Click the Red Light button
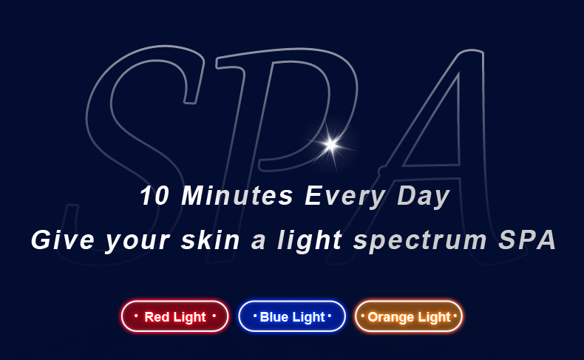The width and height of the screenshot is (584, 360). coord(174,316)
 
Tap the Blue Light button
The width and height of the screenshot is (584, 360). coord(292,316)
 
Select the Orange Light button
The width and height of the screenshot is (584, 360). coord(409,316)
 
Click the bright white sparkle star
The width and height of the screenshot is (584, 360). coord(330,144)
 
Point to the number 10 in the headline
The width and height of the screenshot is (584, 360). coord(155,195)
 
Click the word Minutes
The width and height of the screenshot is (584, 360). coord(237,195)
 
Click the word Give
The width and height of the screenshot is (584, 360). coord(63,240)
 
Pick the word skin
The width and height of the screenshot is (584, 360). coord(211,240)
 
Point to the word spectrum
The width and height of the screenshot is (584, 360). coord(420,241)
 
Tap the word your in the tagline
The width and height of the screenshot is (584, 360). coord(137,241)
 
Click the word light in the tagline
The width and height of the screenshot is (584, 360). coord(310,240)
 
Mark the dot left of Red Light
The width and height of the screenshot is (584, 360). coord(136,316)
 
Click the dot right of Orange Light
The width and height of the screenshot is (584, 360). coord(455,316)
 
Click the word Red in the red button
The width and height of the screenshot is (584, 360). coord(157,317)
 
